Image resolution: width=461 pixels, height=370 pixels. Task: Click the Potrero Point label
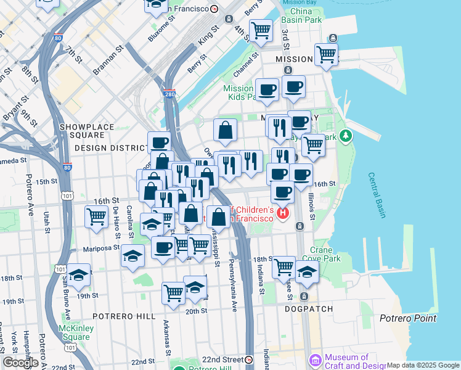[x=408, y=318]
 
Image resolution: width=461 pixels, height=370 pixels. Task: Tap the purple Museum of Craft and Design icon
[x=315, y=360]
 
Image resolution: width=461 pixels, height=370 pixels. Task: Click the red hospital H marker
[x=283, y=214]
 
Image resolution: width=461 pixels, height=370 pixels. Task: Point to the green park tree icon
[x=346, y=134]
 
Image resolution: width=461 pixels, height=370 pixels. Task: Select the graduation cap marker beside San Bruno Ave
[x=79, y=275]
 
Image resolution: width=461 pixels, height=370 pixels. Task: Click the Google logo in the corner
[x=20, y=363]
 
